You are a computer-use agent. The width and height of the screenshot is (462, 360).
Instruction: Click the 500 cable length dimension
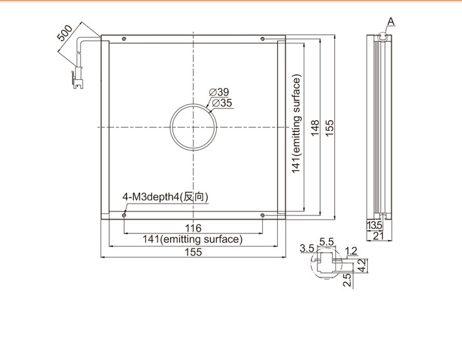tap(65, 33)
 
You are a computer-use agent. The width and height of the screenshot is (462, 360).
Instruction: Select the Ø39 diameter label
tap(219, 92)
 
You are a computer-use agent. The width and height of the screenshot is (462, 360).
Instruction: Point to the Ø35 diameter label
tap(222, 103)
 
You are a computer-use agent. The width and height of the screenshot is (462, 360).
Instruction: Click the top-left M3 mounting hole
tap(124, 38)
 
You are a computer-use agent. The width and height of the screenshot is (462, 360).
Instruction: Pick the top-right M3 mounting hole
tap(263, 38)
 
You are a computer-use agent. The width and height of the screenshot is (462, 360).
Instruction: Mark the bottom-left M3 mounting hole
tap(124, 215)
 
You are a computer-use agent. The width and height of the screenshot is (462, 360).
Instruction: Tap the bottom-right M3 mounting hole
tap(263, 215)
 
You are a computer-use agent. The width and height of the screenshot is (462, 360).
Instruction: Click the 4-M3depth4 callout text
tap(165, 197)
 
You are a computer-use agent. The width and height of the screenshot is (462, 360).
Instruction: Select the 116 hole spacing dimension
tap(193, 228)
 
